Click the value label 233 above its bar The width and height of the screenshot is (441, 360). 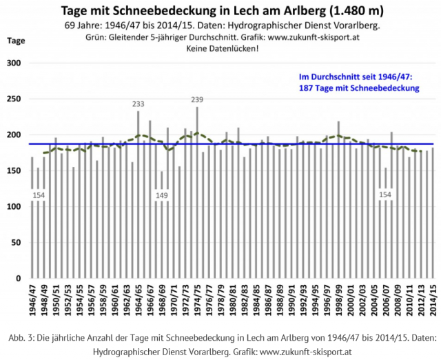pos(139,104)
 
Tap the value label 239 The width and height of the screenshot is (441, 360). pos(197,100)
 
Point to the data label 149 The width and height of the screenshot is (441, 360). pos(162,195)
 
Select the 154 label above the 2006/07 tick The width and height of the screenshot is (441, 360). pos(386,195)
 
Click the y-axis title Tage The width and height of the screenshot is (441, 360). pos(16,41)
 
